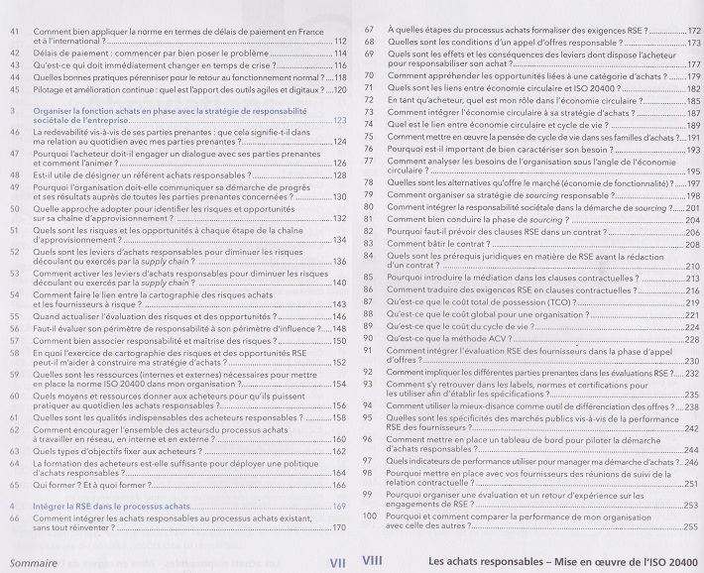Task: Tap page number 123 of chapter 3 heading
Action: coord(338,121)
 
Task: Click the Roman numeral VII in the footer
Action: coord(336,561)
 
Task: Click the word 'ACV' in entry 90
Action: coord(489,338)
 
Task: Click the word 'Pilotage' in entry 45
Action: coord(49,89)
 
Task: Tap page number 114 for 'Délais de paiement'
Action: coord(339,54)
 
